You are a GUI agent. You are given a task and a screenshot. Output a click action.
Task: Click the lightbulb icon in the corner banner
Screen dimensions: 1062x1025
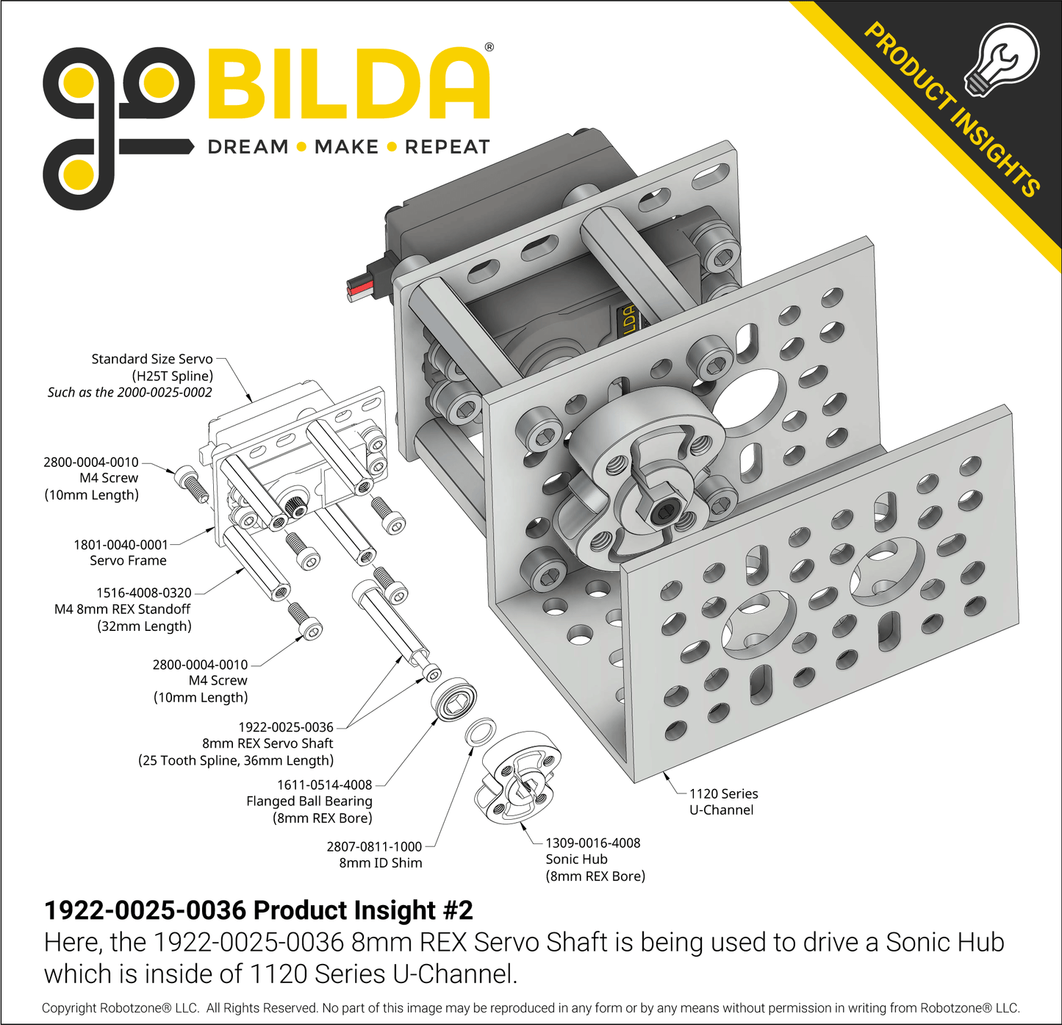click(x=1002, y=60)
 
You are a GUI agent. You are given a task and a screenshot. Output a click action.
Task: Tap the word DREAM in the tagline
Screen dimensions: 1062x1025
click(x=248, y=147)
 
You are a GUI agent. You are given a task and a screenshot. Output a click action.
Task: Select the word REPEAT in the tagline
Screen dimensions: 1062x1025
click(x=448, y=147)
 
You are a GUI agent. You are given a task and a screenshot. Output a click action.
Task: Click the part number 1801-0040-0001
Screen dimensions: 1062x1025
click(x=121, y=544)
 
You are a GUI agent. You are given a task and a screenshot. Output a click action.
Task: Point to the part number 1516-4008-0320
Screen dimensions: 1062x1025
click(x=144, y=593)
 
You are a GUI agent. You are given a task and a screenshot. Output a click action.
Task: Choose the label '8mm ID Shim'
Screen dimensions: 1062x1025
click(x=381, y=863)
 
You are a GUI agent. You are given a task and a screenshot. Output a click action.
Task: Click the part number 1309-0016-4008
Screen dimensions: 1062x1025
click(x=592, y=843)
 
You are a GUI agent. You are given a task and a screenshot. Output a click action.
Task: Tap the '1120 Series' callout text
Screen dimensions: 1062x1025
click(x=724, y=793)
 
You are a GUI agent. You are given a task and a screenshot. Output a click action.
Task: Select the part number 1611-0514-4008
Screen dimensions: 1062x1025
click(x=325, y=785)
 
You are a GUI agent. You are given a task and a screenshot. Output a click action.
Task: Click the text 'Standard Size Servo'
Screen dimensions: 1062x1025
click(x=152, y=359)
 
